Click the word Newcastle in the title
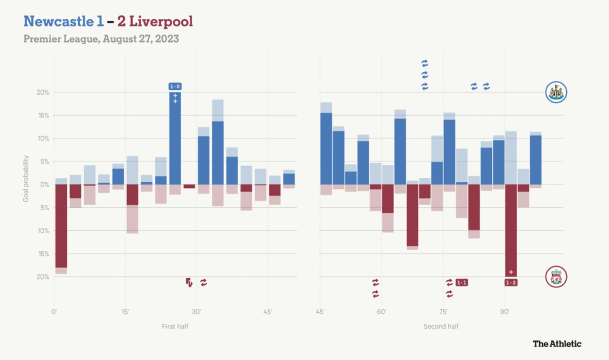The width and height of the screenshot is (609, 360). pos(58,21)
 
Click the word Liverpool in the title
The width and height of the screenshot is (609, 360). pos(161,21)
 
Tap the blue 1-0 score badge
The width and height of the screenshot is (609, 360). pos(175,86)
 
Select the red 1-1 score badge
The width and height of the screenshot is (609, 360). pos(461,282)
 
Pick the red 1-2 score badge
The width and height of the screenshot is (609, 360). pos(511,282)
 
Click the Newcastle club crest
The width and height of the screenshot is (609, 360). pos(556,92)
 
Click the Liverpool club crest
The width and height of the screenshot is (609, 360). pos(556,277)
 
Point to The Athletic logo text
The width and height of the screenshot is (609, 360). pos(557,344)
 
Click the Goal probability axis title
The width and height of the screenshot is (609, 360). pos(26,179)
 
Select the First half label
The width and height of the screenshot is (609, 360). pos(175,326)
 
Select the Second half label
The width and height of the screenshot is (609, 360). pos(441,326)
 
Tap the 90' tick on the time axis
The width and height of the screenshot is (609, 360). pos(505,312)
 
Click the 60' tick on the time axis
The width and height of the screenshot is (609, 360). pos(381,312)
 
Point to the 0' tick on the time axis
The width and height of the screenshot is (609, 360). pos(54,312)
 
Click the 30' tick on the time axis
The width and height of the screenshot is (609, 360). pos(196,312)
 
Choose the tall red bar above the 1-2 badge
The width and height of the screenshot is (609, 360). pos(511,229)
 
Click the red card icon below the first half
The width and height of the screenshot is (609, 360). pos(189,282)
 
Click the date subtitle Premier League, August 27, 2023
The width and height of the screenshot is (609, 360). pos(101,39)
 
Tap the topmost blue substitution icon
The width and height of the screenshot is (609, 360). pos(425,63)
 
